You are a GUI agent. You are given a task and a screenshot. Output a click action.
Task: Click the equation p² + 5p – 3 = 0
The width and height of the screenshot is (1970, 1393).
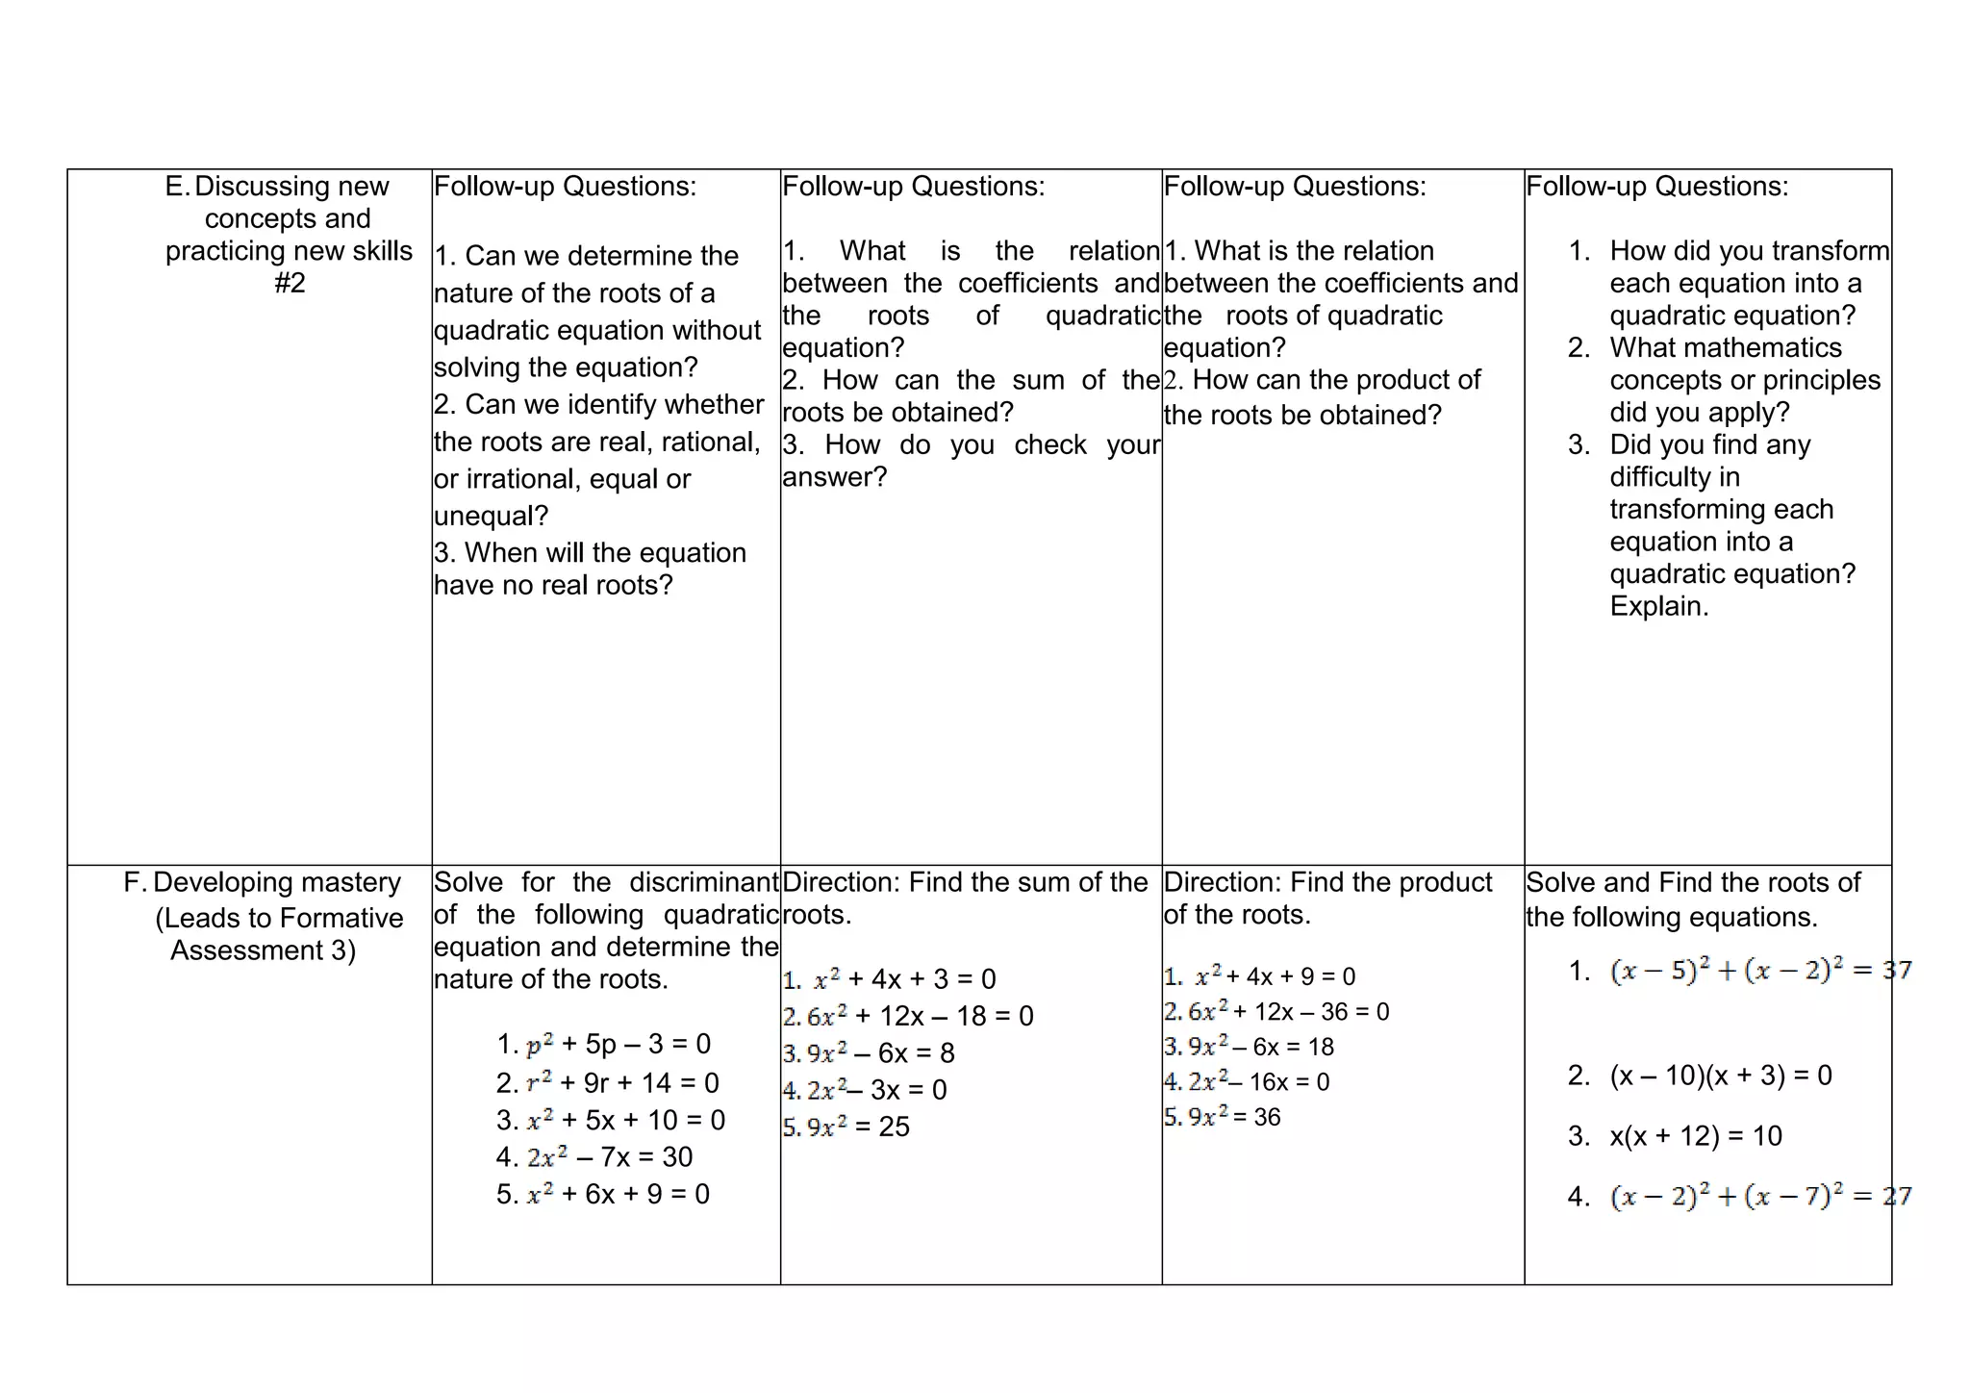pyautogui.click(x=618, y=1045)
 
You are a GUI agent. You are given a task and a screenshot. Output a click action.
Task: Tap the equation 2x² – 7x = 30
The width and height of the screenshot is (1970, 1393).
pyautogui.click(x=609, y=1157)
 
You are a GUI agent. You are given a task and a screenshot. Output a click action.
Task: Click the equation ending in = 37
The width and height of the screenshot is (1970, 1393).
pyautogui.click(x=1760, y=971)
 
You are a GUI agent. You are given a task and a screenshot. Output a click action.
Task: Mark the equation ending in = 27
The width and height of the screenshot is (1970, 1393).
pyautogui.click(x=1760, y=1197)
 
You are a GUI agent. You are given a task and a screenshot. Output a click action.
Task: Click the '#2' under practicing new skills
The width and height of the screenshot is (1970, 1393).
pyautogui.click(x=289, y=284)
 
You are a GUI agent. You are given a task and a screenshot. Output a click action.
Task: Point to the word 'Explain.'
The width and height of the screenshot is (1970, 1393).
pyautogui.click(x=1658, y=607)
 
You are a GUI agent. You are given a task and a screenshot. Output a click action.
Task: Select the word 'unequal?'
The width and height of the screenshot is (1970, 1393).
pyautogui.click(x=491, y=517)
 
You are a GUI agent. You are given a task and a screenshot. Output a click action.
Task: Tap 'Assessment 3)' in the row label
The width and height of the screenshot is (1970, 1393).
pyautogui.click(x=263, y=951)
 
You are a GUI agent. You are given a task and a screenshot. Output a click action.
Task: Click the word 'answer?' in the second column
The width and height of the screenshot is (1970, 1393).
pyautogui.click(x=834, y=477)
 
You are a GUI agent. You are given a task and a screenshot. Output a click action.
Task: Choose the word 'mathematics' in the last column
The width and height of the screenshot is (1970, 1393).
pyautogui.click(x=1726, y=348)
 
